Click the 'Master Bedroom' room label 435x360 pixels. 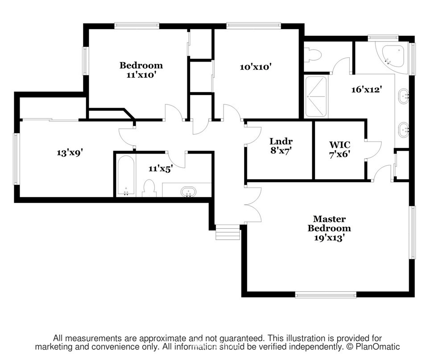coord(329,224)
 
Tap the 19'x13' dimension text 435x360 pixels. coord(329,238)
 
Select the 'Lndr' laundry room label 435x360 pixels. coord(281,142)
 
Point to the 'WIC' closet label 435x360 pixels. coord(340,145)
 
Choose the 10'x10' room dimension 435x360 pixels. coord(255,67)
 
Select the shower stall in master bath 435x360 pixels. coord(316,96)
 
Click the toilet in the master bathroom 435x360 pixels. coord(313,55)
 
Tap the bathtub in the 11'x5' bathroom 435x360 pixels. coord(126,175)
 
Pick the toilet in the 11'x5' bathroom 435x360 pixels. coord(149,188)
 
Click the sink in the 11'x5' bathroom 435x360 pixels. coord(188,192)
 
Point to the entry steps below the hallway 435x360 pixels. coord(228,232)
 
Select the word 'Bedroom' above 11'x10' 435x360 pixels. coord(141,66)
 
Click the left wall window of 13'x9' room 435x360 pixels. coord(17,159)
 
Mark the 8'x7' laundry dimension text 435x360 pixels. coord(281,151)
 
